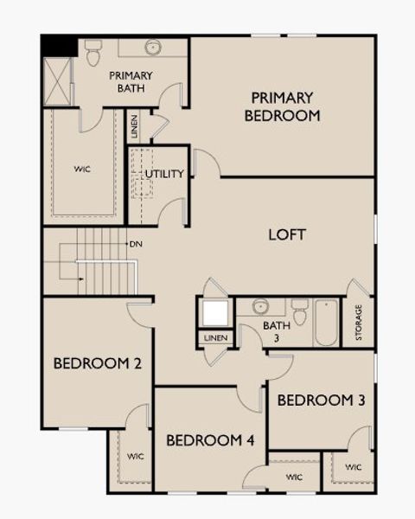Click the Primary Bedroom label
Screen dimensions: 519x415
282,106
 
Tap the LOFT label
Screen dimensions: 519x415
287,234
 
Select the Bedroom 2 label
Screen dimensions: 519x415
98,363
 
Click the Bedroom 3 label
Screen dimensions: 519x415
321,400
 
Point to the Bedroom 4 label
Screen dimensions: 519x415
210,440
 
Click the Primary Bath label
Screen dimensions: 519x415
131,81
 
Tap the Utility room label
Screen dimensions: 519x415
164,174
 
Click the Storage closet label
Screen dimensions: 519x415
358,322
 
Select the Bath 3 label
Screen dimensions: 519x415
271,331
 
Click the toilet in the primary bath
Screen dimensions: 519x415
93,52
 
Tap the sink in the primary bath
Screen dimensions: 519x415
153,47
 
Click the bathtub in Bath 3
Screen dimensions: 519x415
326,322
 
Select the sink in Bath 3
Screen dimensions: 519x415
259,306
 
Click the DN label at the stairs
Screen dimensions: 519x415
136,244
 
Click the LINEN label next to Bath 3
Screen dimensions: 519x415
215,336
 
